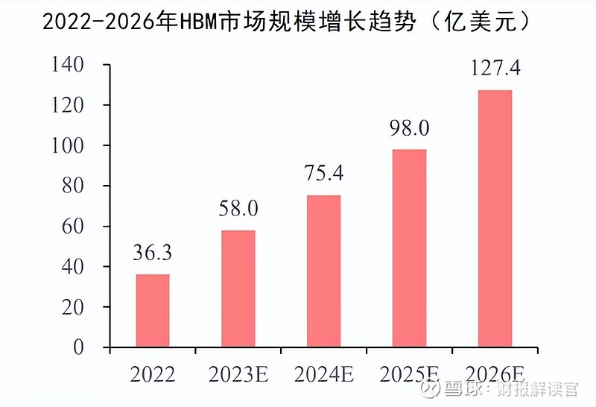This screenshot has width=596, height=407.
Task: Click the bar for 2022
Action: coord(152,310)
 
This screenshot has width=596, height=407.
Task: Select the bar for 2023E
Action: coord(238,288)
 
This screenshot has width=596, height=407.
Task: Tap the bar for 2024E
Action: coord(323,271)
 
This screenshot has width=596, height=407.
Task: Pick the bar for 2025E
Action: coord(409,248)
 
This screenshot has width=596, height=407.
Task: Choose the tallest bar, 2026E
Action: coord(495,218)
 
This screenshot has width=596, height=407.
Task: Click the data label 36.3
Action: coord(152,255)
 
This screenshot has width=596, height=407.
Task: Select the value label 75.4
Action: coord(323,175)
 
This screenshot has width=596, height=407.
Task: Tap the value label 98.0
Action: coord(409,129)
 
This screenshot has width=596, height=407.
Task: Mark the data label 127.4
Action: coord(495,69)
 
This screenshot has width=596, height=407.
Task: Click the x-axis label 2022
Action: coord(152,372)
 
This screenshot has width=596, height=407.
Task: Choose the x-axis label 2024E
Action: coord(323,372)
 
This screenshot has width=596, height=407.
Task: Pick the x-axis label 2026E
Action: coord(495,372)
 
